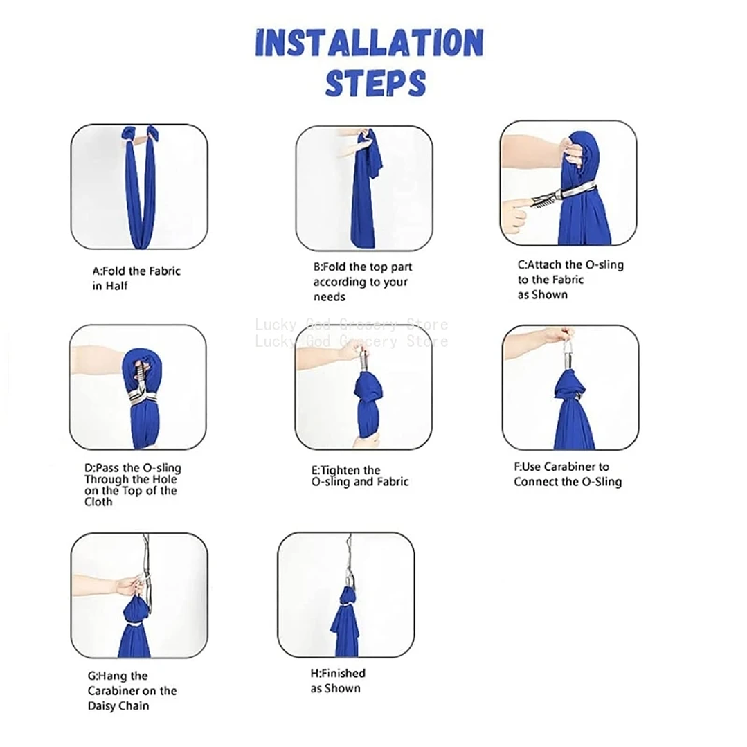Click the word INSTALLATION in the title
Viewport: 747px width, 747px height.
[370, 43]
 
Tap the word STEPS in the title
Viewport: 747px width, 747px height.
[375, 83]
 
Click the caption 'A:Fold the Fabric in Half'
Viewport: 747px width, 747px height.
[136, 278]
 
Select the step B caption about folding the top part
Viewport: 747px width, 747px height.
[363, 282]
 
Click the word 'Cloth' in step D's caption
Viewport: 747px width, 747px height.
[98, 502]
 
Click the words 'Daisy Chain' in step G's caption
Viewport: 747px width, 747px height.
[118, 705]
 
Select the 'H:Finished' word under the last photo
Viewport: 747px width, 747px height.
[338, 673]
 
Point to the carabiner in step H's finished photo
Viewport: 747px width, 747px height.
[349, 582]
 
